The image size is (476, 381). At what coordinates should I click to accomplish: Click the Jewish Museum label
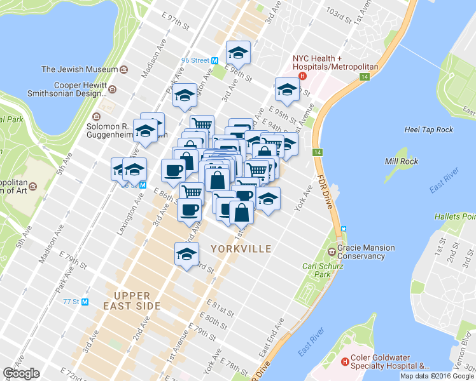tap(80, 69)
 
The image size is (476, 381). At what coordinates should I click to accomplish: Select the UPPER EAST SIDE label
tap(132, 301)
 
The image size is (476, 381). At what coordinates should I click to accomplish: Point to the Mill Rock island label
tap(402, 161)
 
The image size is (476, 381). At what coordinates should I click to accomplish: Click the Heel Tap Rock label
tap(429, 130)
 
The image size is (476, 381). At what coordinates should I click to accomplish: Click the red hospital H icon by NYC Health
tap(303, 76)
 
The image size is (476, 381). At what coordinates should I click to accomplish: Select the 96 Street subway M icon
tap(215, 60)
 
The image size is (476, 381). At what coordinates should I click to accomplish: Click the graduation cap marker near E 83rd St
tap(186, 254)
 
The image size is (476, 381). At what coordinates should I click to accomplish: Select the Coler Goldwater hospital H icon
tap(345, 362)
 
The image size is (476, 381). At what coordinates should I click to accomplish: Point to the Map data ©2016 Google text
tap(437, 376)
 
